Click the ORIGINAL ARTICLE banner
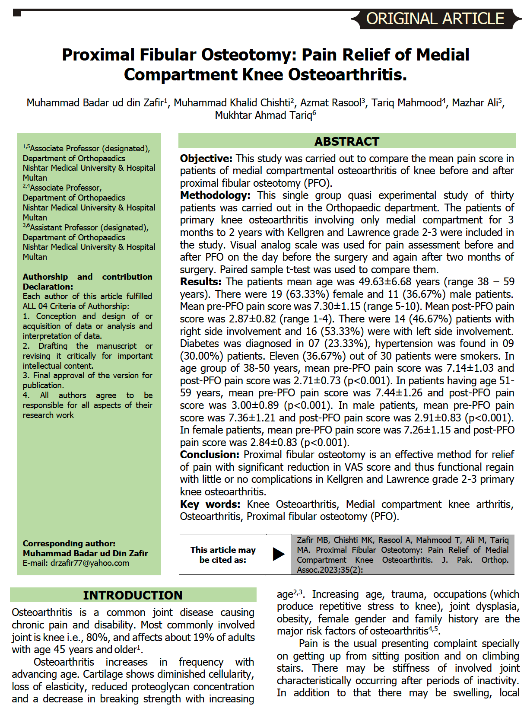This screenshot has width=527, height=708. (435, 19)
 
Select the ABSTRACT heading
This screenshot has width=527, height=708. (346, 141)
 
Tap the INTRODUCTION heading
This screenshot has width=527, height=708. (133, 595)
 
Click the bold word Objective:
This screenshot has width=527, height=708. (206, 159)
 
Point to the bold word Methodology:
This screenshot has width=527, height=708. (215, 195)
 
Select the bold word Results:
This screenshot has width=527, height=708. (200, 282)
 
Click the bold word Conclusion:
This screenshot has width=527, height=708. (210, 455)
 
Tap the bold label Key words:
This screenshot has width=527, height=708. (210, 504)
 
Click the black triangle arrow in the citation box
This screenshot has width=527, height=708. (279, 554)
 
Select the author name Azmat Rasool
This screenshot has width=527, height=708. (330, 103)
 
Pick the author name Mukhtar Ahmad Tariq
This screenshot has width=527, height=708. (263, 115)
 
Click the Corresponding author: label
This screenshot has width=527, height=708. (69, 543)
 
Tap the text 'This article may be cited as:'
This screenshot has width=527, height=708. (223, 555)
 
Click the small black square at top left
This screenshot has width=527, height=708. (17, 13)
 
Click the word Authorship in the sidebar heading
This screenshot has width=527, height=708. (45, 277)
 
